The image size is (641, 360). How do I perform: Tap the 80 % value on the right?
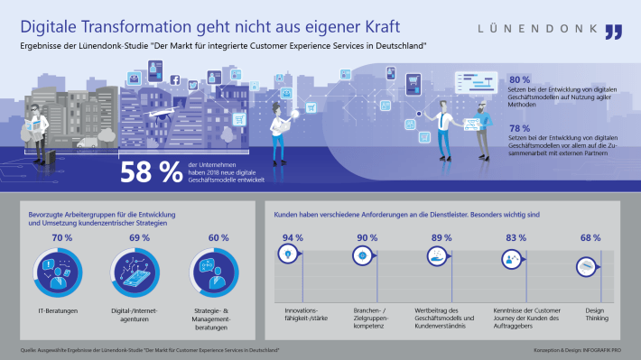(521, 79)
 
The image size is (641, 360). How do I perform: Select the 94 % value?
(292, 238)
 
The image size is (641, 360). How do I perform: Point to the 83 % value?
(514, 238)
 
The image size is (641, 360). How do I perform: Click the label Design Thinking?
(590, 313)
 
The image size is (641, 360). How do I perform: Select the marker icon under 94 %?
(288, 255)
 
